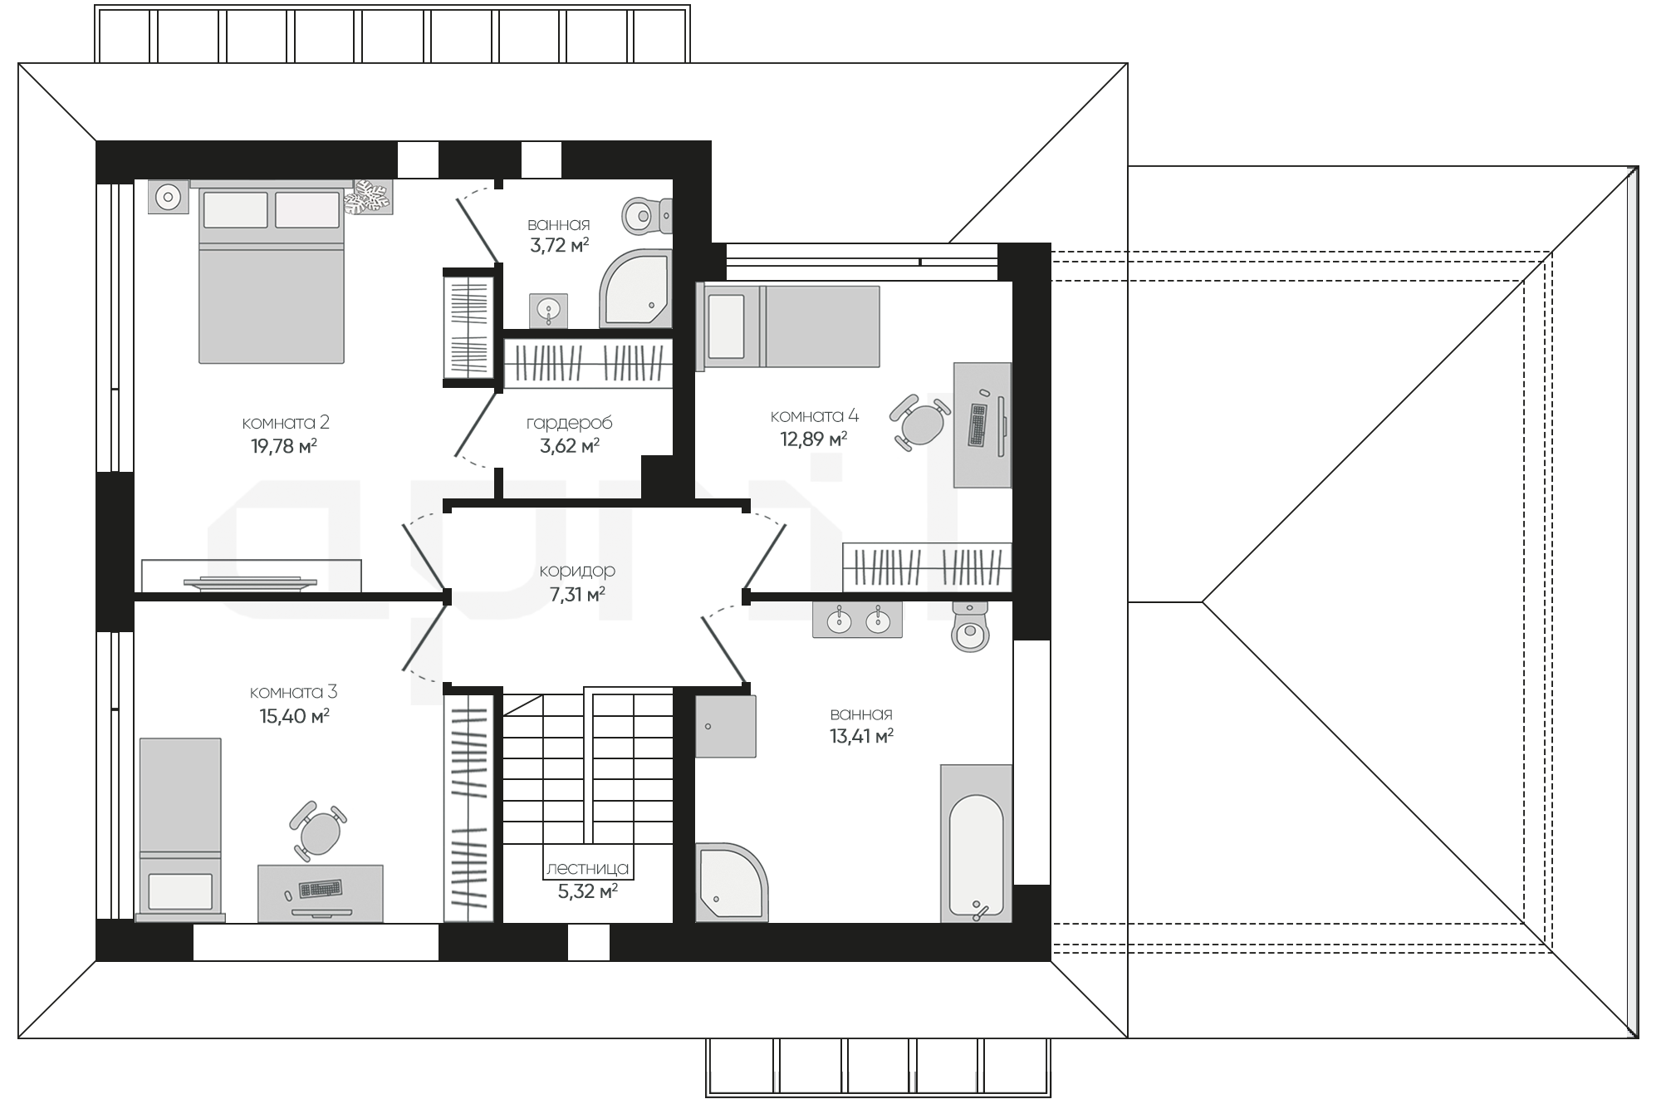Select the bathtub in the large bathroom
(x=976, y=844)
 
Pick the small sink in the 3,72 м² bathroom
(x=548, y=311)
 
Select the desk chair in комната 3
(x=318, y=830)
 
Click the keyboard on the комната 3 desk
(x=321, y=889)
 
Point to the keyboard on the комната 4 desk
(x=977, y=424)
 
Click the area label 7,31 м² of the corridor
(x=577, y=595)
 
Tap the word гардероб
(x=570, y=423)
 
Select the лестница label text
(x=587, y=869)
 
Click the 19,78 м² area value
(x=284, y=446)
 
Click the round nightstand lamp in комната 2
(x=169, y=198)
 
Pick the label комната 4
(x=815, y=416)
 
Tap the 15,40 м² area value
(x=295, y=716)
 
